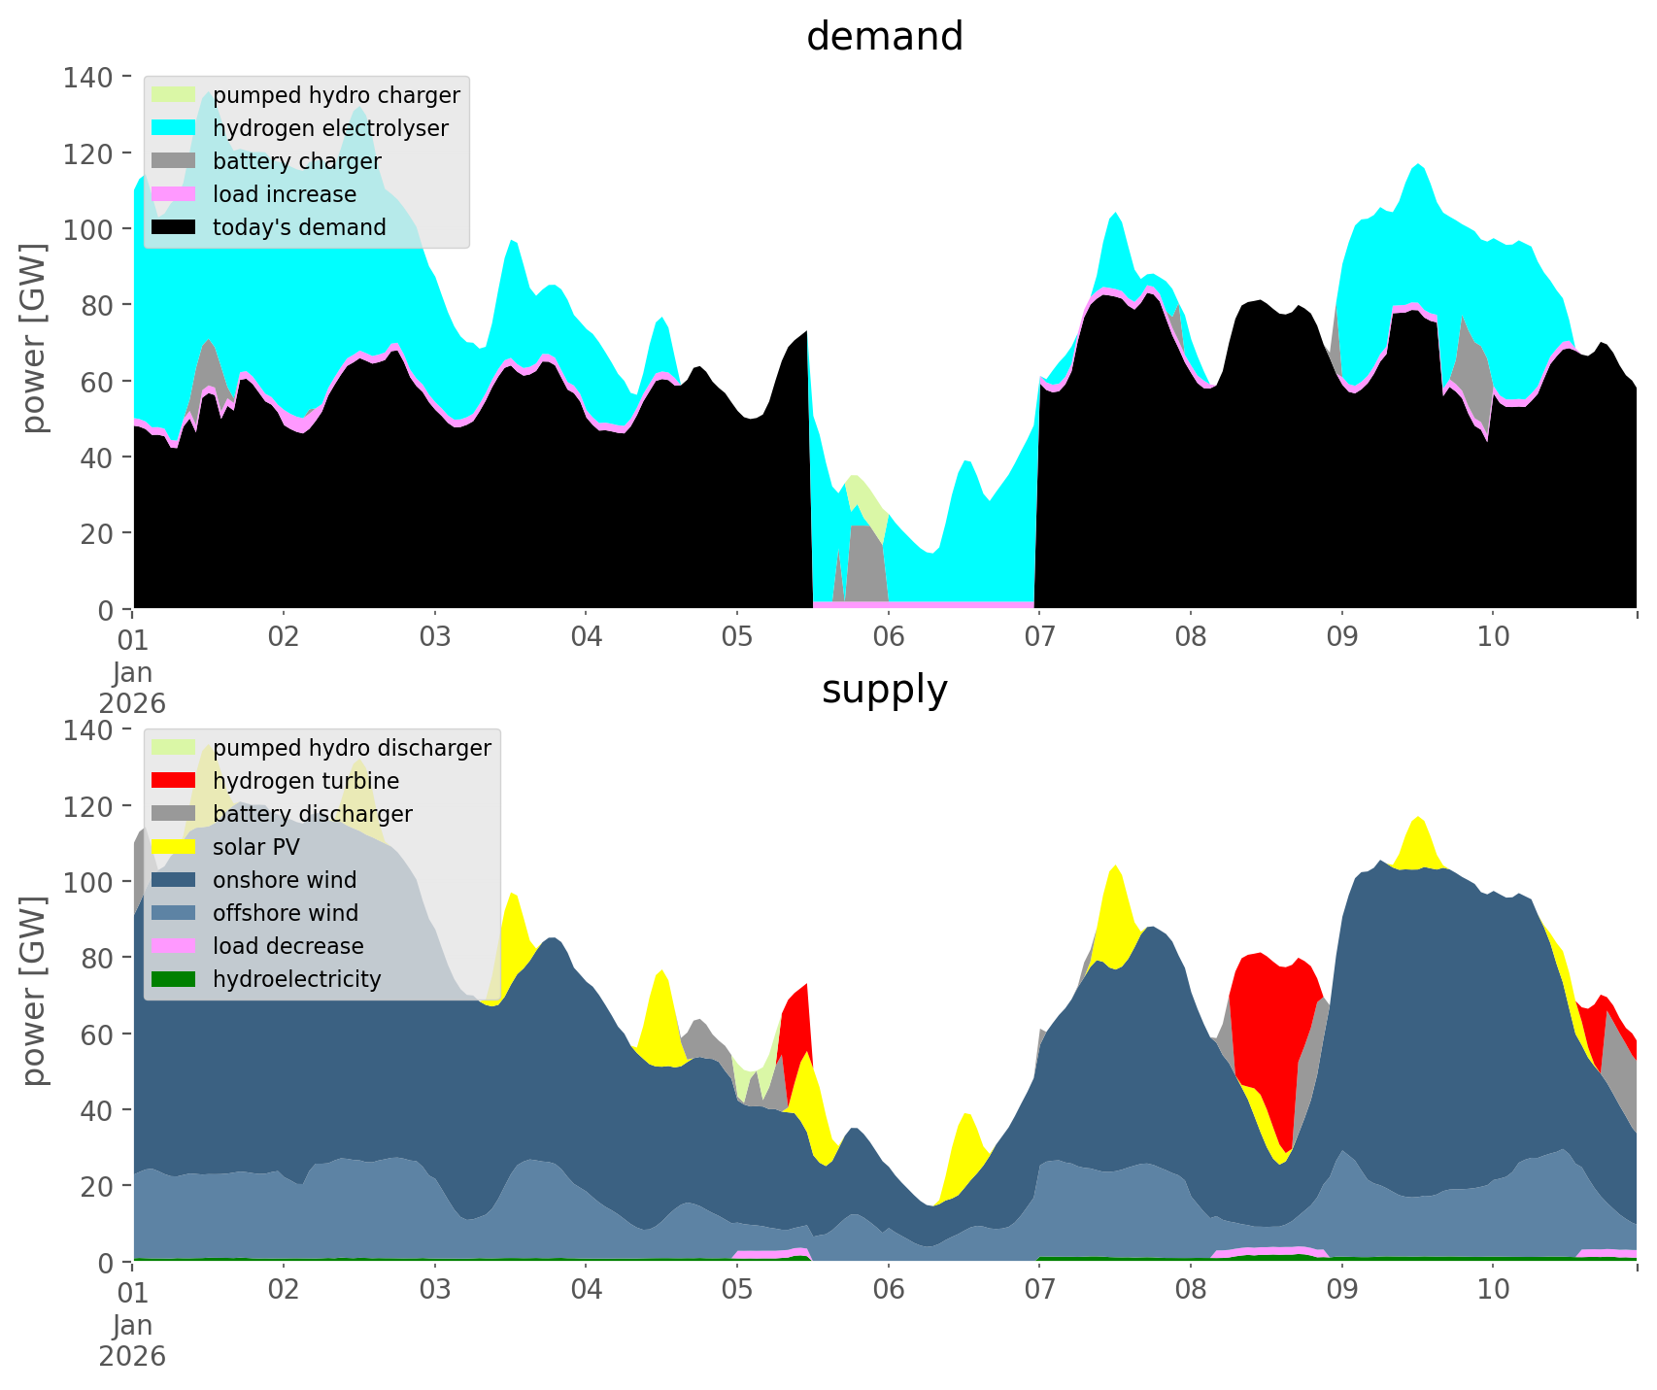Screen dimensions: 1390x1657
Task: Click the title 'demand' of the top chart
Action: click(884, 37)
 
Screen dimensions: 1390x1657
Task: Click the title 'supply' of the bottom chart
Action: click(884, 690)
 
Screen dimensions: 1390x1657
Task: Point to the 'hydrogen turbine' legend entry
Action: click(305, 781)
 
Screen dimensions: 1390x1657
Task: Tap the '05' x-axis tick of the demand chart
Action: click(737, 637)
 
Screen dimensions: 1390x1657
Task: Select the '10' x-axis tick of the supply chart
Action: click(1493, 1290)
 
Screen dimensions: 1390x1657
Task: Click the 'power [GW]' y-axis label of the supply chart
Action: click(34, 991)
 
